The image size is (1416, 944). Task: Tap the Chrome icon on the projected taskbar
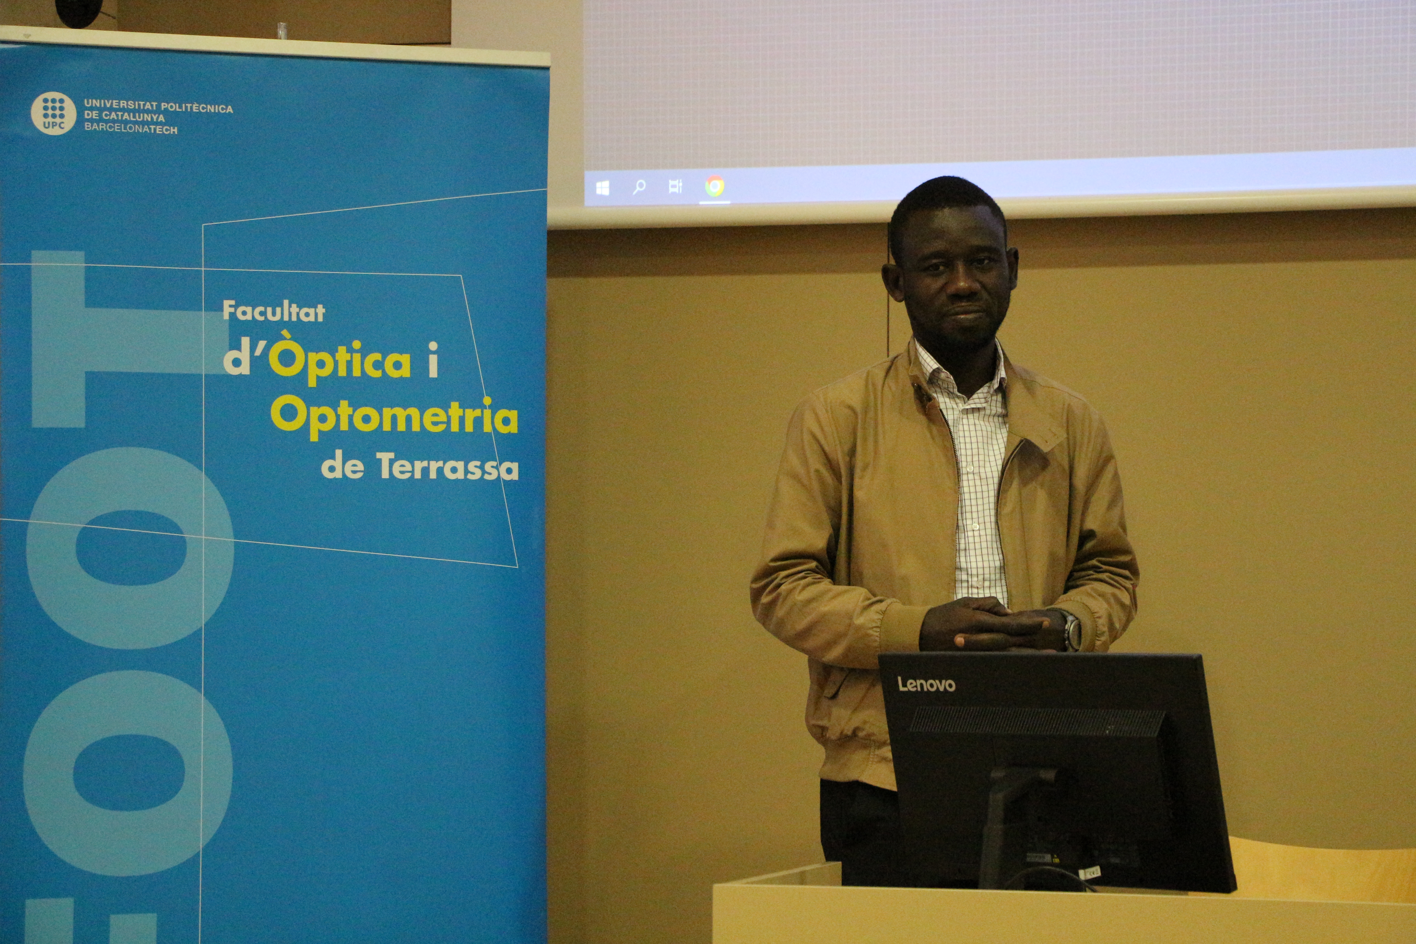(x=715, y=187)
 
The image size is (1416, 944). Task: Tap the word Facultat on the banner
(x=274, y=311)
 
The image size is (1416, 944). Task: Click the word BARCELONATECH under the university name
(x=131, y=128)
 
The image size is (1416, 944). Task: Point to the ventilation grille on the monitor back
(x=1037, y=721)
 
